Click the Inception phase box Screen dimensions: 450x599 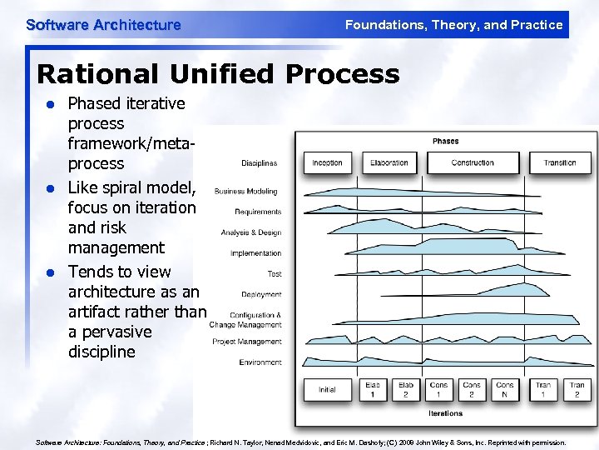point(327,162)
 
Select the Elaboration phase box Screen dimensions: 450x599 point(389,162)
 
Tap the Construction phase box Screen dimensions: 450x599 point(473,162)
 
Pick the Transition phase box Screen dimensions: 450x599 point(560,162)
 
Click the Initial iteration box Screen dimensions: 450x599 point(327,389)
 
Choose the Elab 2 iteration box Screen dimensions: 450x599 point(406,389)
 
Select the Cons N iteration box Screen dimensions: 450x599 point(505,389)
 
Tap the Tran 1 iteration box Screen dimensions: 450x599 point(543,389)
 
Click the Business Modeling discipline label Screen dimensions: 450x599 point(246,192)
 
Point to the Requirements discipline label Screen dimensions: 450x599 point(258,212)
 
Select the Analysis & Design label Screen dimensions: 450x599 point(251,232)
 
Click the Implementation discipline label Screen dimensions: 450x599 point(255,253)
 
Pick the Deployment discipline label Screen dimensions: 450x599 point(261,294)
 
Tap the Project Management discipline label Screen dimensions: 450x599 point(247,342)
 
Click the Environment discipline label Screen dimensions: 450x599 point(260,362)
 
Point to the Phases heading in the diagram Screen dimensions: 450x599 point(445,141)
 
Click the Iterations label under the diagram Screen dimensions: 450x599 point(445,413)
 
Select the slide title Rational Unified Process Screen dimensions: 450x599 point(218,74)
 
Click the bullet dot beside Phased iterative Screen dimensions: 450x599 point(50,105)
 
